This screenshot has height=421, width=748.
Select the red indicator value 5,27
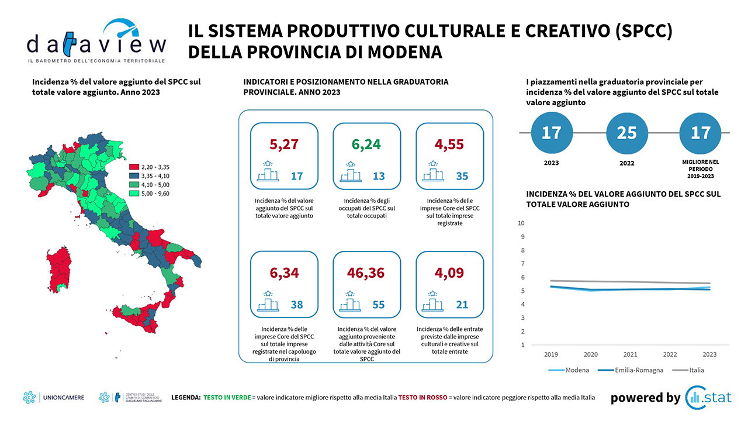(284, 143)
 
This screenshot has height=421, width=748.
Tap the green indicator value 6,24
(367, 143)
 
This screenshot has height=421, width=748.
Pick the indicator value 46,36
(367, 272)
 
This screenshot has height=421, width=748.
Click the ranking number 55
(379, 305)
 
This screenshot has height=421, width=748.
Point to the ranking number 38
(296, 305)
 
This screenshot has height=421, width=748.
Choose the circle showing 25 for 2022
(626, 133)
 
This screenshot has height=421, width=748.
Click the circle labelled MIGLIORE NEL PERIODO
(700, 133)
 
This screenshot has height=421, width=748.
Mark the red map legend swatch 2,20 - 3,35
(133, 167)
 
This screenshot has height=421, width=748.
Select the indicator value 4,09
(449, 272)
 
